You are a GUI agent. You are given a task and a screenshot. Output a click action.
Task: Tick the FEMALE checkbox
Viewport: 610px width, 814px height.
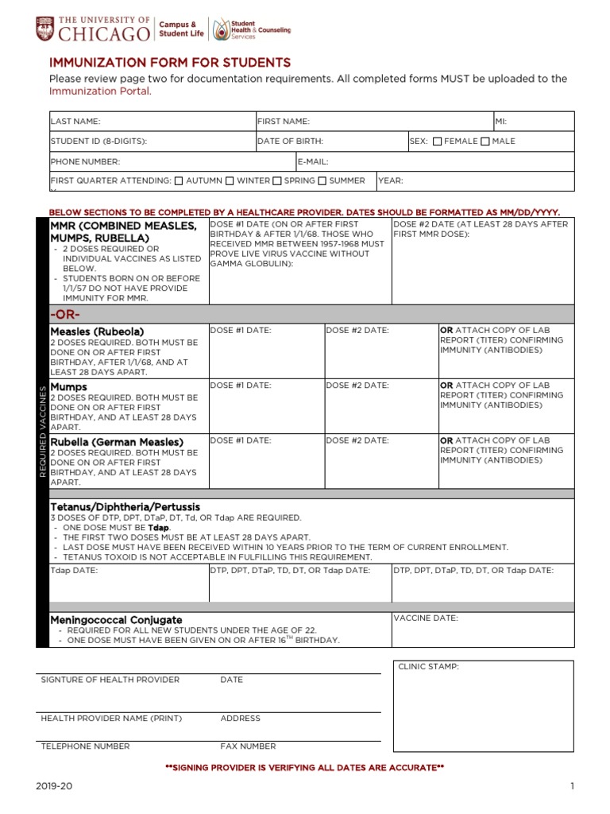[x=438, y=141]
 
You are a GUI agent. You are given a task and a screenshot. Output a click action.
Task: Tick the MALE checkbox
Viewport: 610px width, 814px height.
[x=485, y=141]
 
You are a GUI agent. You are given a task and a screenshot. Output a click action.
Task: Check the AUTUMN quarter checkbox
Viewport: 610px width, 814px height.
[x=179, y=181]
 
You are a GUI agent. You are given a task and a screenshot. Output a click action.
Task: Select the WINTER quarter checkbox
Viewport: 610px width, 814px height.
[x=230, y=181]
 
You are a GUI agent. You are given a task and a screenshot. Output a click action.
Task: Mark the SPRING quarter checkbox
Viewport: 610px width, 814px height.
[x=277, y=181]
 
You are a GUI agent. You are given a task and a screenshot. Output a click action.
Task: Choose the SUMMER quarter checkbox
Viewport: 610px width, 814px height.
[x=322, y=181]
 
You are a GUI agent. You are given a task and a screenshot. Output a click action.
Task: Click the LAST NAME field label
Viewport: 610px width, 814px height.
[x=75, y=122]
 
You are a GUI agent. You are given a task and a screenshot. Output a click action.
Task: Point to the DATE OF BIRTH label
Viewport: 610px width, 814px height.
[x=290, y=141]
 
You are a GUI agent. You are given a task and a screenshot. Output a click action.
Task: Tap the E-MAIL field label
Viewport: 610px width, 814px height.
[x=313, y=161]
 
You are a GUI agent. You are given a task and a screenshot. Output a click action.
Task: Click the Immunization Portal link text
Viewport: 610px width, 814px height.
[x=99, y=91]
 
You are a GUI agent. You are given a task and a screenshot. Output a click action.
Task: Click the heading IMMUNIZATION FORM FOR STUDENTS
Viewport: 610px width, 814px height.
[x=170, y=62]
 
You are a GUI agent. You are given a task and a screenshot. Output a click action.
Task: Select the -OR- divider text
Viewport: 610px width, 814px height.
[x=66, y=314]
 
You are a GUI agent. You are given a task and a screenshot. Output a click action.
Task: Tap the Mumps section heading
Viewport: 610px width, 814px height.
[x=68, y=386]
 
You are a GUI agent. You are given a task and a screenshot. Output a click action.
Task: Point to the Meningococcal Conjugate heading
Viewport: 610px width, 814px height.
[x=116, y=619]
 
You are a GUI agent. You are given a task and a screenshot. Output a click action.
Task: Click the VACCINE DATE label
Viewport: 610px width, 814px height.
[x=426, y=618]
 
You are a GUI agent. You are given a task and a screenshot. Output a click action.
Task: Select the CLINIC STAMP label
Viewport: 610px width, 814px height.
[x=428, y=667]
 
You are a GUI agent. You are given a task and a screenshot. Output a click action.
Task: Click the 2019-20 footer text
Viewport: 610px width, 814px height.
[x=53, y=786]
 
